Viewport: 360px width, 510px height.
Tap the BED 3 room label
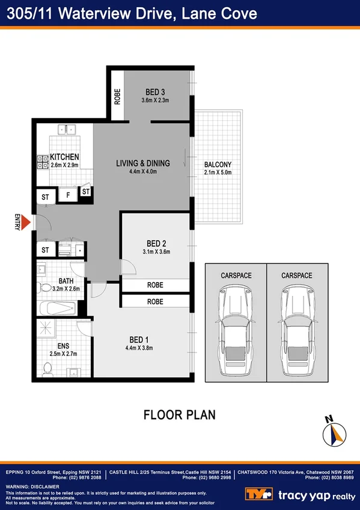[155, 92]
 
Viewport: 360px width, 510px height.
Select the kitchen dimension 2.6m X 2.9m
[64, 165]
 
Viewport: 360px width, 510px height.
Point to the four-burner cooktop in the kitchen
[43, 161]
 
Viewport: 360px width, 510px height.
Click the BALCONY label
[218, 165]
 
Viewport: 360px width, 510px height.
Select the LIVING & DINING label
[143, 163]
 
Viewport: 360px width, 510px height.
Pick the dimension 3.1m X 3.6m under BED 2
[156, 252]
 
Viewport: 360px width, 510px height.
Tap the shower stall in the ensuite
[44, 330]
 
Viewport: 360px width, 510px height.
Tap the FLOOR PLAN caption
[179, 415]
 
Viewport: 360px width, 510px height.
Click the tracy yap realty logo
[301, 494]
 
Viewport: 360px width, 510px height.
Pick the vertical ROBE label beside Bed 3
[118, 97]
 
